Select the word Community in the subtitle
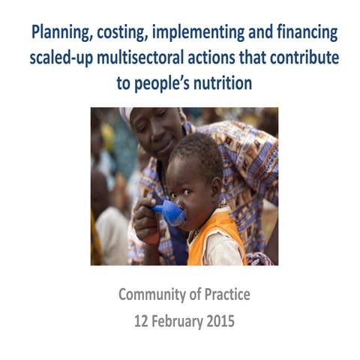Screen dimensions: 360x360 tap(154, 295)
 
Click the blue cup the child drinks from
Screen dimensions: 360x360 tap(172, 213)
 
